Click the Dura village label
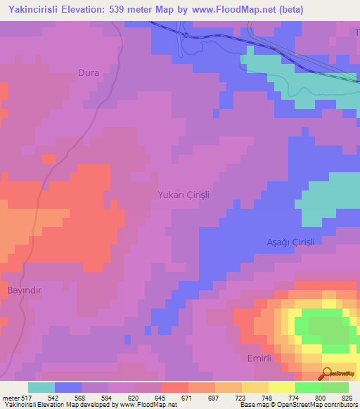point(89,72)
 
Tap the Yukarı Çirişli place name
point(184,195)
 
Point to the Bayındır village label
point(26,290)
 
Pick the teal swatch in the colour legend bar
point(41,387)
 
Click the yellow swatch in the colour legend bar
point(281,387)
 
